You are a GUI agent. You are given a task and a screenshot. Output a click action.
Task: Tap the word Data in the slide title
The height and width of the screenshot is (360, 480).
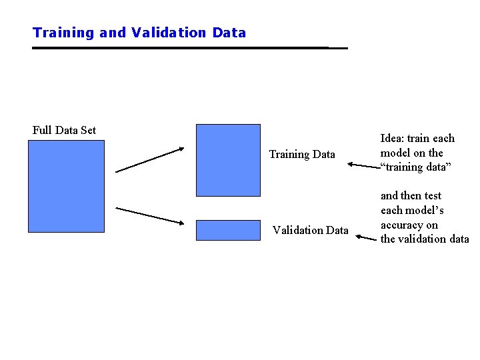click(229, 33)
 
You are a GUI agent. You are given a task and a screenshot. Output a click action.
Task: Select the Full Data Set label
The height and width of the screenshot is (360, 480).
click(64, 130)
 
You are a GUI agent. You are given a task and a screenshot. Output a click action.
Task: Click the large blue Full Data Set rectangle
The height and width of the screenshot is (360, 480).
click(66, 188)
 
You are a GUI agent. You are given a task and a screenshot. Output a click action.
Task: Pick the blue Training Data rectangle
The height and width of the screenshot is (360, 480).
click(228, 160)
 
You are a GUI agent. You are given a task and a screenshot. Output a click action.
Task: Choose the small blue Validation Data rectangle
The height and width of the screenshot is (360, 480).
click(228, 229)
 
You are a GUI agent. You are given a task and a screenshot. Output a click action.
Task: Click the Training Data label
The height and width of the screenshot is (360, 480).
click(302, 155)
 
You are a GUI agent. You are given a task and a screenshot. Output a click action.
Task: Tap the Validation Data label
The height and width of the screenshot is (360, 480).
click(310, 231)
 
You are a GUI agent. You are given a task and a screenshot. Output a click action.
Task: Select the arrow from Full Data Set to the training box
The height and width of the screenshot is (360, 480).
click(149, 160)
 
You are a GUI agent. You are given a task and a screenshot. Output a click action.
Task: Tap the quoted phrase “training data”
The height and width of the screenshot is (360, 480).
click(416, 167)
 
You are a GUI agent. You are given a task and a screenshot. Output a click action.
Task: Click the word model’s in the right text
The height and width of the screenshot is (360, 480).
click(426, 210)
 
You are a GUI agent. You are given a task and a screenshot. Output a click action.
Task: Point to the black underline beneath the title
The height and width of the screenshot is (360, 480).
click(190, 48)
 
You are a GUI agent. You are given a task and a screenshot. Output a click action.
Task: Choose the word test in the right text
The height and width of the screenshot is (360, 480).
click(431, 195)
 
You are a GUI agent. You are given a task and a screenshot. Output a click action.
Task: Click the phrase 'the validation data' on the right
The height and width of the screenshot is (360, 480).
click(425, 239)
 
